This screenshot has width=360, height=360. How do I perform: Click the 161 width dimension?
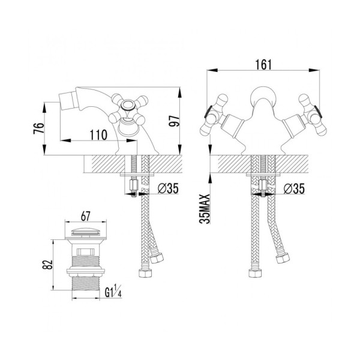[263, 65]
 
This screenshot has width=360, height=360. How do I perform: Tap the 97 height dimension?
[174, 121]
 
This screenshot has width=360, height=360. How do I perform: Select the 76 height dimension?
[38, 128]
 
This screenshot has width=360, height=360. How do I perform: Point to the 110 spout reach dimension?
[98, 135]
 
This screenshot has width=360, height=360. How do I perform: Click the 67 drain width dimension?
[85, 216]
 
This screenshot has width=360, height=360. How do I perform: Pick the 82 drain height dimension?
[48, 265]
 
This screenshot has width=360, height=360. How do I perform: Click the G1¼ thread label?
[113, 291]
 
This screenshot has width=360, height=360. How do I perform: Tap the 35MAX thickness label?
[205, 209]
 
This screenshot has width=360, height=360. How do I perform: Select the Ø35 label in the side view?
[168, 188]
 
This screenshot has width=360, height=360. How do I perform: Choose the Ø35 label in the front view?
[294, 189]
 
